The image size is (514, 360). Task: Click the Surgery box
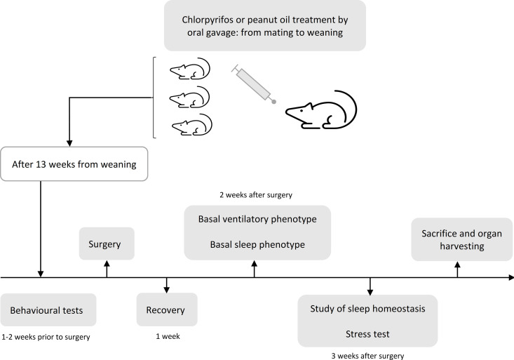(x=107, y=244)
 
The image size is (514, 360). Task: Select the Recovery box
(x=167, y=309)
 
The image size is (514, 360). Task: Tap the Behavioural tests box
(x=48, y=309)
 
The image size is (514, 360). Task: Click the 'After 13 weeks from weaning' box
(x=74, y=164)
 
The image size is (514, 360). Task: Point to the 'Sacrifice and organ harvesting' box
(x=461, y=239)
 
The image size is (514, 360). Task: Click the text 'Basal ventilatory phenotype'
(x=257, y=219)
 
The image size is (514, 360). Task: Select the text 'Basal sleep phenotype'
(x=257, y=244)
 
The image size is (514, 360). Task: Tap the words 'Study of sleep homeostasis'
(x=367, y=309)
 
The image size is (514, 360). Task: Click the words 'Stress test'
(x=367, y=334)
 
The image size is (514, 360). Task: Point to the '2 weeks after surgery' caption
(x=256, y=195)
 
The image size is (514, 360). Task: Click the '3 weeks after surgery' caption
(x=367, y=356)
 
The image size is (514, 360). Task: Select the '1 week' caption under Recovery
(x=168, y=336)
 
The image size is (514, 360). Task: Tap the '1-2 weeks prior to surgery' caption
(x=46, y=337)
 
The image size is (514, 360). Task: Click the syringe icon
(x=254, y=84)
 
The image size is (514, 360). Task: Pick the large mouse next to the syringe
(x=321, y=109)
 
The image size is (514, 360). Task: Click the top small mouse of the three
(x=190, y=69)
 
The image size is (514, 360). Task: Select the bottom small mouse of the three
(x=192, y=124)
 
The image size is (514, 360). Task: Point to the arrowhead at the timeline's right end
(x=511, y=278)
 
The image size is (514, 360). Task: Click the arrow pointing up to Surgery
(x=107, y=269)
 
